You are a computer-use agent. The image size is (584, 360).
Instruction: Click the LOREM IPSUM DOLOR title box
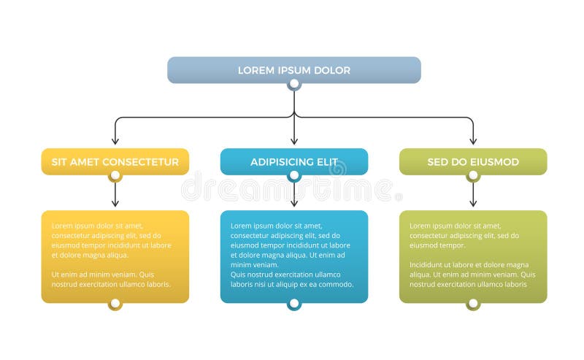[293, 70]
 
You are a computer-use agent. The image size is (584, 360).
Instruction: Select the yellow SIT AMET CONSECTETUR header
[115, 161]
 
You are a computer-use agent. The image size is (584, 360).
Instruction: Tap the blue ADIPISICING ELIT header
[293, 161]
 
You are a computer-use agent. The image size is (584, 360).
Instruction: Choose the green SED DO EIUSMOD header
[473, 161]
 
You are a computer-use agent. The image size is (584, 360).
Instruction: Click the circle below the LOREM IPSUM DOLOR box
[293, 84]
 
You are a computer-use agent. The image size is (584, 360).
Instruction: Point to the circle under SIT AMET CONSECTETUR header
[115, 176]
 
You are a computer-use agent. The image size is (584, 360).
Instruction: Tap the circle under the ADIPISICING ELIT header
[293, 176]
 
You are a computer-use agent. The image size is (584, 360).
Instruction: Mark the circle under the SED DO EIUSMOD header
[473, 176]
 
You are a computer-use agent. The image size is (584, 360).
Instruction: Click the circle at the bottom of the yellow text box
[115, 303]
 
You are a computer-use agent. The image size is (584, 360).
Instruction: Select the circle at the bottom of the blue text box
[293, 303]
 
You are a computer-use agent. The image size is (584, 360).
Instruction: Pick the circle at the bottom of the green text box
[473, 303]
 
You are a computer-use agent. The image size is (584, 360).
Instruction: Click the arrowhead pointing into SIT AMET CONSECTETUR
[115, 140]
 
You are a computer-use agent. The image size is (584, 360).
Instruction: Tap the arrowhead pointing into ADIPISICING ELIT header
[293, 140]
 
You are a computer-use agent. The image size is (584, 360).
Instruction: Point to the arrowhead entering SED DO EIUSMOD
[473, 140]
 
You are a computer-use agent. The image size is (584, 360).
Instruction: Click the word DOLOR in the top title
[333, 71]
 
